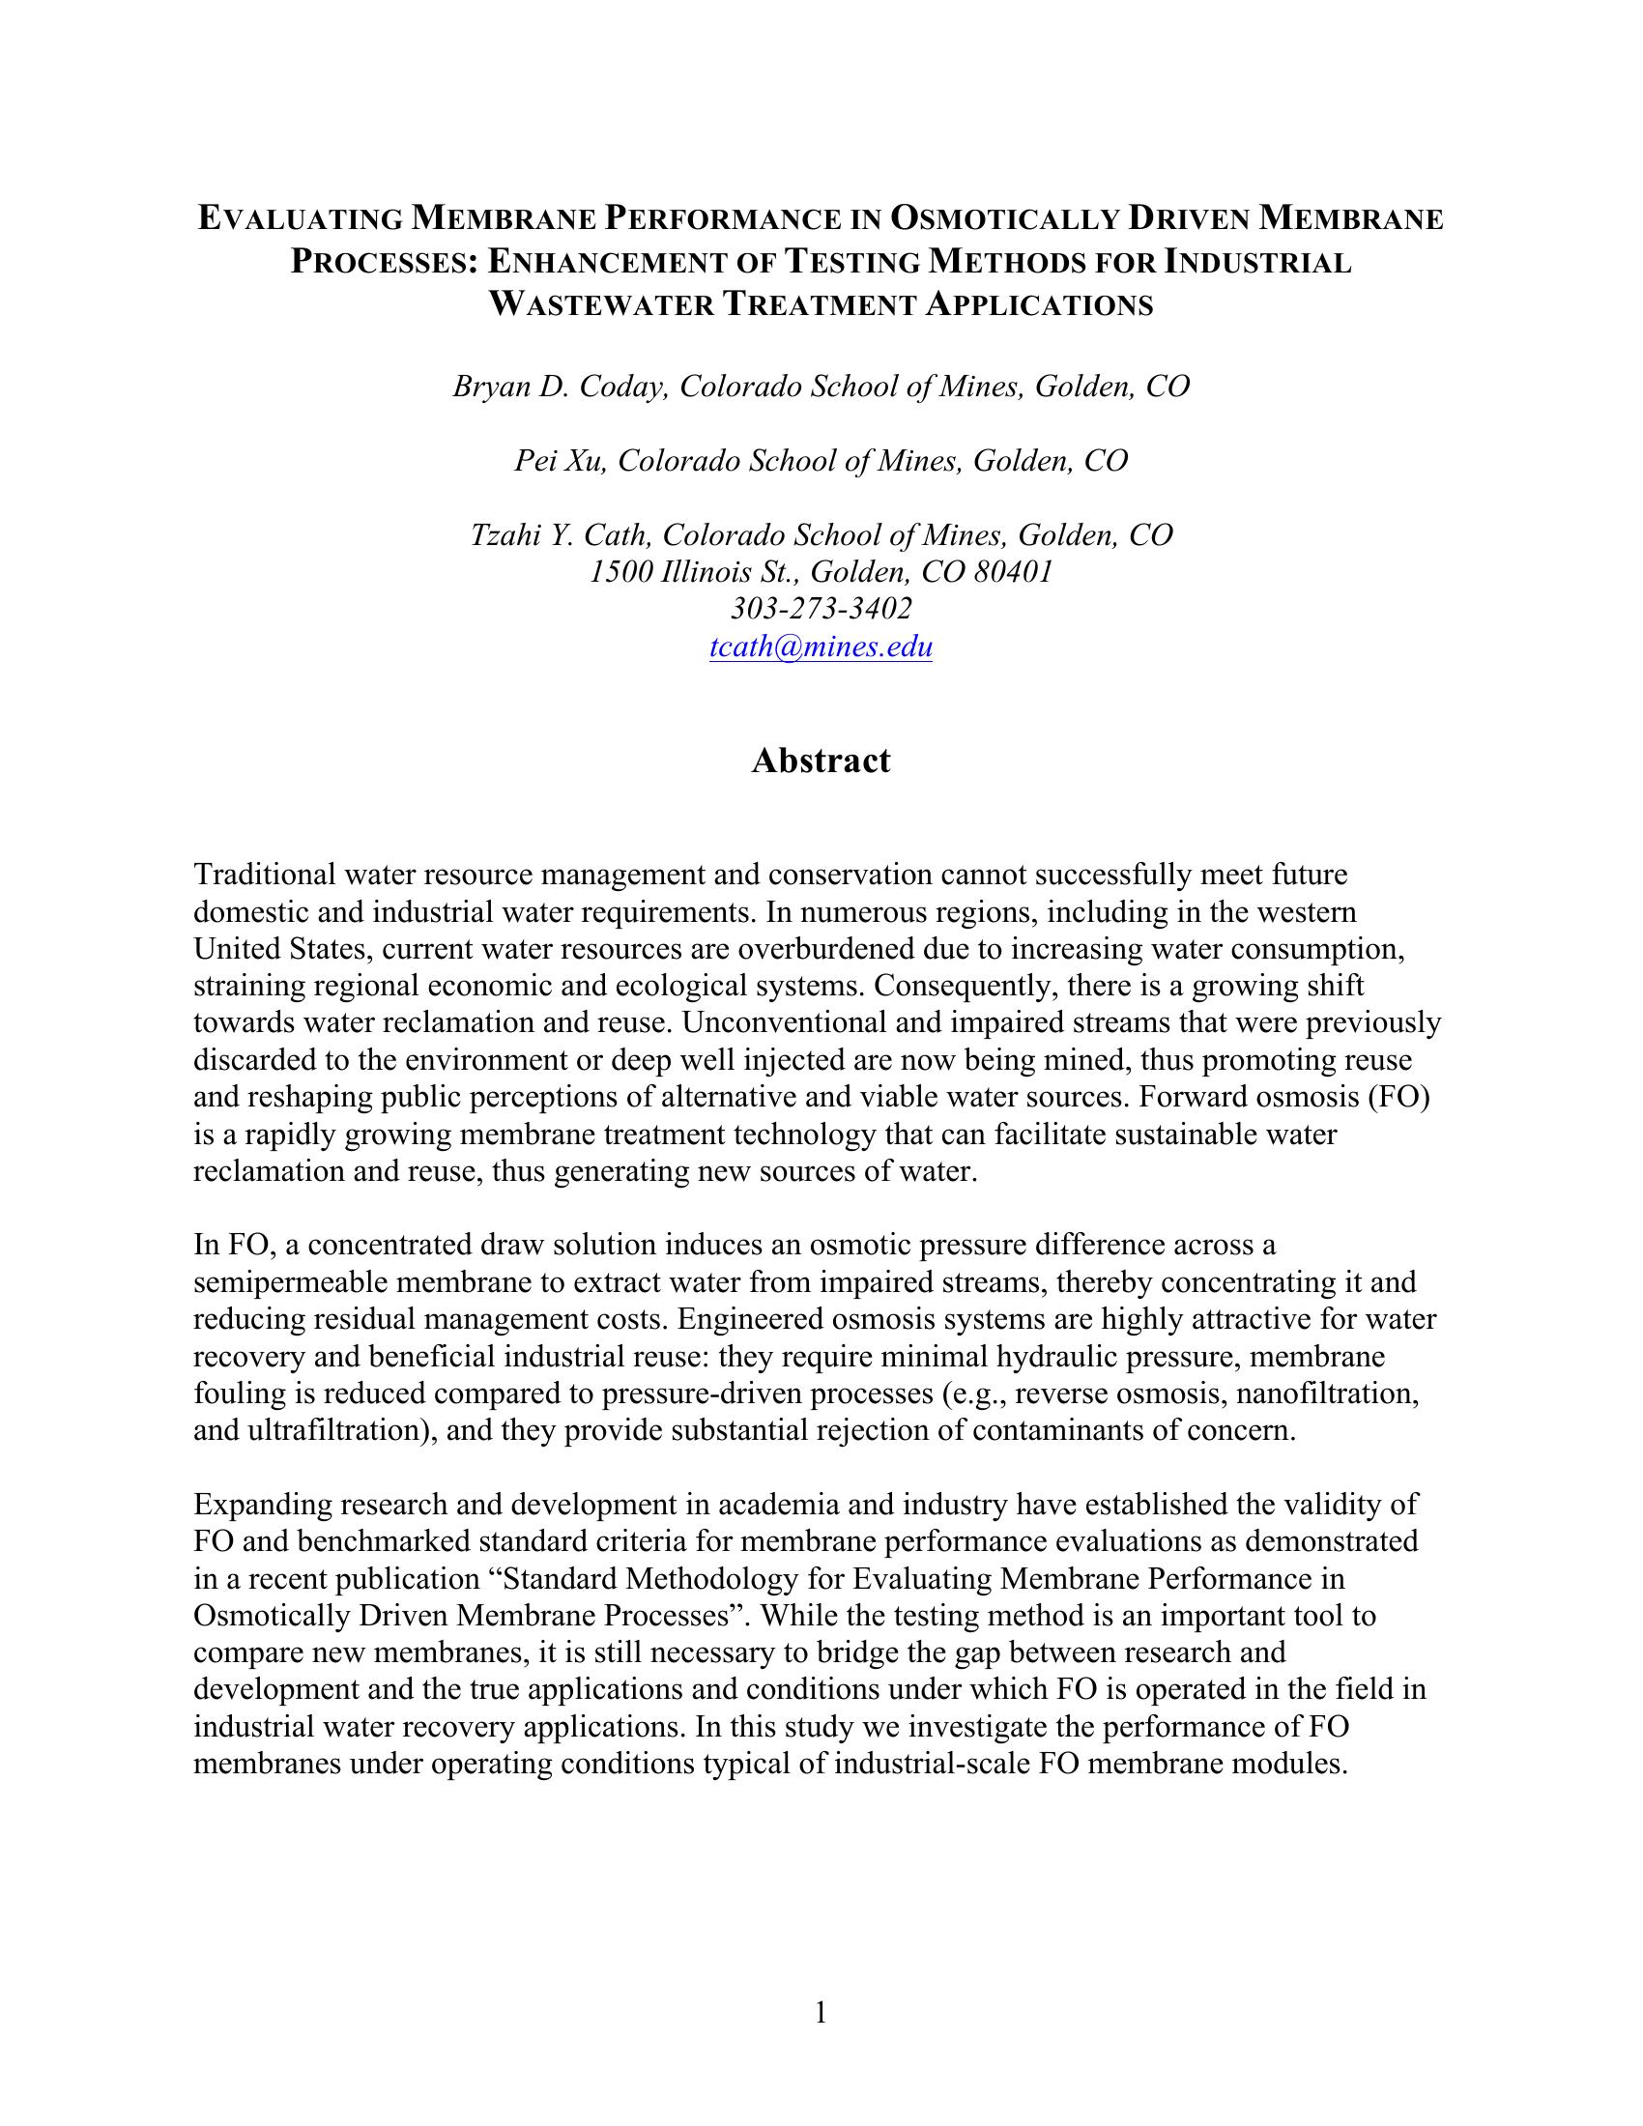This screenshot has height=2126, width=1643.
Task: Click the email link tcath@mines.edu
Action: [821, 646]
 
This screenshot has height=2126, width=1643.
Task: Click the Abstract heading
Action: [821, 761]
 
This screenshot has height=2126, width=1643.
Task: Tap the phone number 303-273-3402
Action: [821, 609]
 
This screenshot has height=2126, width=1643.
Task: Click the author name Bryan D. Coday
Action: [560, 387]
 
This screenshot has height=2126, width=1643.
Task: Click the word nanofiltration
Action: [1338, 1393]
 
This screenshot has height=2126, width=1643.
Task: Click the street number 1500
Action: [620, 571]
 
